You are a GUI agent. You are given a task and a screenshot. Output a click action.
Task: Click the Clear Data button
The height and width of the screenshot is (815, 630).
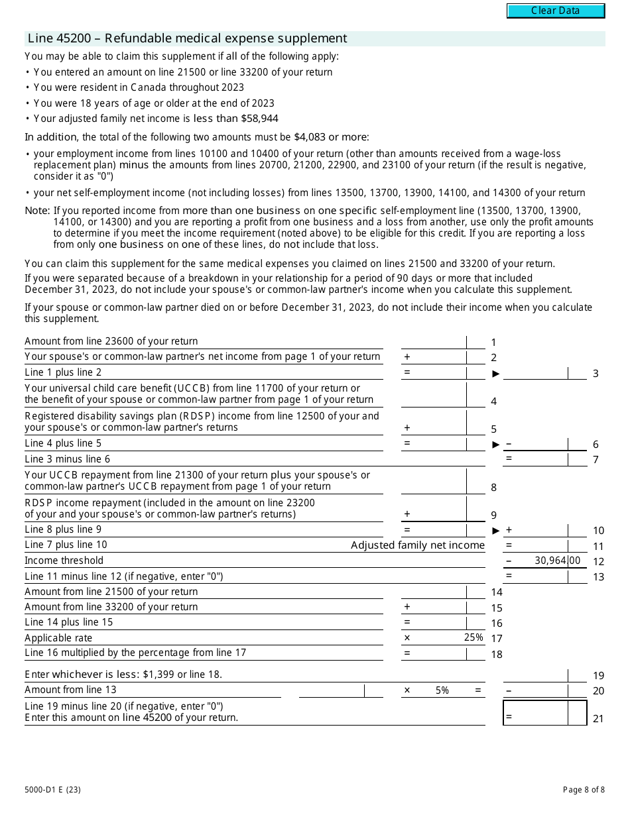point(556,11)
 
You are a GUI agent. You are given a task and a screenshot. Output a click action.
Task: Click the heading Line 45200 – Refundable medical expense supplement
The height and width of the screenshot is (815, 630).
point(187,38)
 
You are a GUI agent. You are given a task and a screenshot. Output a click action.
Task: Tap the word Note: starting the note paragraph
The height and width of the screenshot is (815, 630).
point(37,211)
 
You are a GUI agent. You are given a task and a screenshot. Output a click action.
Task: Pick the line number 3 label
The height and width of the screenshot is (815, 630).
point(596,374)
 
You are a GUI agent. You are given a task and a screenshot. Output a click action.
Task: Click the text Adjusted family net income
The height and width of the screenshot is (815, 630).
point(418,545)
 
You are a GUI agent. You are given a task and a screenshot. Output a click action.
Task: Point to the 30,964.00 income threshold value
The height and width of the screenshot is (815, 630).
point(557,561)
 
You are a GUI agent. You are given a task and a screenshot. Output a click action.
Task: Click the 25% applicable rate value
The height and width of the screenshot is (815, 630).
point(473,637)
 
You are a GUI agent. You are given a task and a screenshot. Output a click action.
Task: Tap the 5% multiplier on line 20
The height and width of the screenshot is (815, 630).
point(442,690)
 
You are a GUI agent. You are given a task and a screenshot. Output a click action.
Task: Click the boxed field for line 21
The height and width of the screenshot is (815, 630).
point(545,713)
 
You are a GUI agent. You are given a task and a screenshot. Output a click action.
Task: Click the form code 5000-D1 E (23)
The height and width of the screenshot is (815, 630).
point(53,789)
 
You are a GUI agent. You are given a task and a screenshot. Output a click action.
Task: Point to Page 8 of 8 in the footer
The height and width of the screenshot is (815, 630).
point(584,789)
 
